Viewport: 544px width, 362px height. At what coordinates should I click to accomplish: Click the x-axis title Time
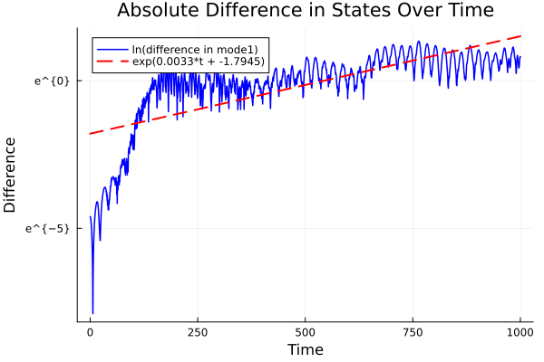click(305, 349)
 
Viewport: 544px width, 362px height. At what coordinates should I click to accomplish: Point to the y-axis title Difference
click(11, 175)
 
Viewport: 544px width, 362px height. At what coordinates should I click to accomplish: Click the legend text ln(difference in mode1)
click(197, 49)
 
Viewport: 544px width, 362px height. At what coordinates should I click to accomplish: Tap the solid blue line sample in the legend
click(112, 49)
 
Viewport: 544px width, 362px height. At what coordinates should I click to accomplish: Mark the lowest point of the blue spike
click(92, 313)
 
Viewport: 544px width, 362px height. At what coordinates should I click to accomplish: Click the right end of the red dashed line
click(520, 36)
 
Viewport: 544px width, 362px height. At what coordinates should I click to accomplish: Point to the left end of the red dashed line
click(90, 134)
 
